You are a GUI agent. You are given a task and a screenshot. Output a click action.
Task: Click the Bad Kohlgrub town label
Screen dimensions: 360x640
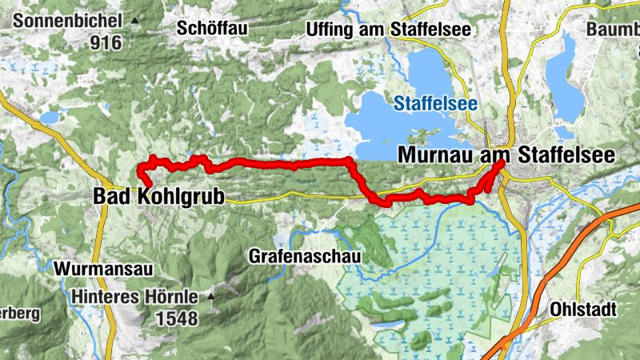159,196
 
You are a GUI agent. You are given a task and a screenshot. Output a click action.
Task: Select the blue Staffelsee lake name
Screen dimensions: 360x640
435,103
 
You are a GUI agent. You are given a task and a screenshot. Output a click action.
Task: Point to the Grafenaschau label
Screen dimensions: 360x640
305,257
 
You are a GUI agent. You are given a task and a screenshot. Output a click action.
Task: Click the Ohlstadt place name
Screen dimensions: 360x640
590,308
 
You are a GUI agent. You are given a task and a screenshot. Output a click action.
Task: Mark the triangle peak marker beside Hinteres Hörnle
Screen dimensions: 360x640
211,297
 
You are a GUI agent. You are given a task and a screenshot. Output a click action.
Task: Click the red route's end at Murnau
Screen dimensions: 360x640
502,162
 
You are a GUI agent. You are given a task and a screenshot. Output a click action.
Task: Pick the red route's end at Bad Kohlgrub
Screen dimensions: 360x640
150,185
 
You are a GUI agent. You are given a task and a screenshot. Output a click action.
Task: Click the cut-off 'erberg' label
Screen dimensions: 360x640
19,314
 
